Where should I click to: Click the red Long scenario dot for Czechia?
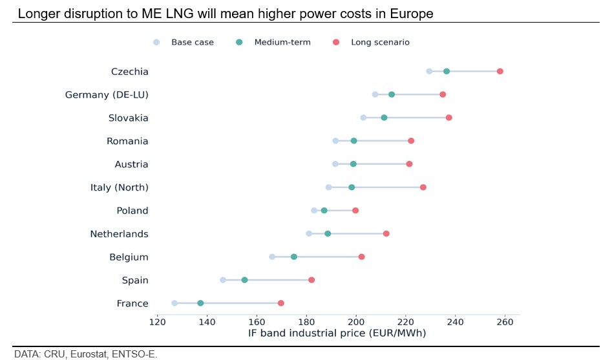(x=500, y=71)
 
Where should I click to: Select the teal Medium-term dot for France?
(x=200, y=303)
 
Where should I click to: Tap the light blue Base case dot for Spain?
(x=223, y=280)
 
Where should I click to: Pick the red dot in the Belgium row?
(x=361, y=257)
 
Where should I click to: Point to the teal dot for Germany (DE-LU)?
(x=392, y=94)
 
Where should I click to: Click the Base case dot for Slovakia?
(x=363, y=118)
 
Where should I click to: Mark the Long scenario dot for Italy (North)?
(x=423, y=187)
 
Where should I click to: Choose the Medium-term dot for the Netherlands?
(x=328, y=233)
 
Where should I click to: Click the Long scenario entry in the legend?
(x=379, y=43)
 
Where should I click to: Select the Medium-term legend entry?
(x=282, y=43)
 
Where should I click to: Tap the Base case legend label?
(x=192, y=43)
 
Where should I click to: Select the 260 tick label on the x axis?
(x=505, y=322)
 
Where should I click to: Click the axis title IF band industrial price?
(x=337, y=334)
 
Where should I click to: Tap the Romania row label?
(x=127, y=141)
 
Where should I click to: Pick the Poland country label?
(x=132, y=211)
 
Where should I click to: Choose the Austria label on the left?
(x=131, y=164)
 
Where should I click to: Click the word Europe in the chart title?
(x=410, y=14)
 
